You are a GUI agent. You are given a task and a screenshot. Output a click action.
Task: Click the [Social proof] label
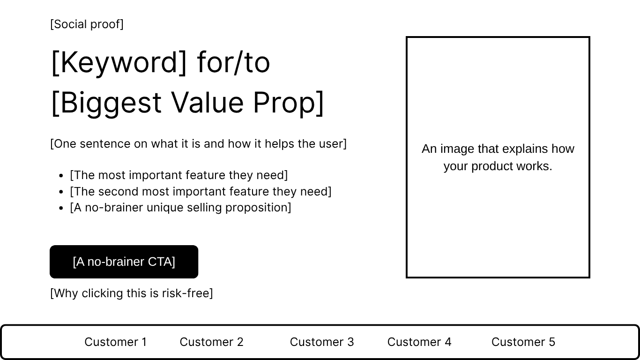pyautogui.click(x=87, y=24)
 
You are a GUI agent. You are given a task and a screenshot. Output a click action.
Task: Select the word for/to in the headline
pyautogui.click(x=233, y=62)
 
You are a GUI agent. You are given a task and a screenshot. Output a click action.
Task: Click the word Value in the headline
pyautogui.click(x=207, y=102)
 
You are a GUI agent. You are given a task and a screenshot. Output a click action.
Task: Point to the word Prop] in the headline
pyautogui.click(x=288, y=103)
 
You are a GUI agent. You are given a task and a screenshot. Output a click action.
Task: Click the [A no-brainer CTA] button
pyautogui.click(x=124, y=262)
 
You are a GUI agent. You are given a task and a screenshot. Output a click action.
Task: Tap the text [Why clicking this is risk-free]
pyautogui.click(x=132, y=293)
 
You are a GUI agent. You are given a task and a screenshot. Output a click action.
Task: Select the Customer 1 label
pyautogui.click(x=116, y=342)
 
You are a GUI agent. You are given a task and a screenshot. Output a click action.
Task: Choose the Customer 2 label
pyautogui.click(x=211, y=342)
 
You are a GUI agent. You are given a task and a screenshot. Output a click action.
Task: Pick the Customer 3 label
pyautogui.click(x=322, y=342)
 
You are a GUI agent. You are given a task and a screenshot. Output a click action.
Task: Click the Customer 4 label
pyautogui.click(x=419, y=342)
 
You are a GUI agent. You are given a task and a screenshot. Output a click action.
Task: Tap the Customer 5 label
pyautogui.click(x=523, y=342)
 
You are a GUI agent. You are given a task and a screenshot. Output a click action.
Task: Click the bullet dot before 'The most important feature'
pyautogui.click(x=61, y=176)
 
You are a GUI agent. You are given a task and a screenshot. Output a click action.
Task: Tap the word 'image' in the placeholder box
pyautogui.click(x=457, y=149)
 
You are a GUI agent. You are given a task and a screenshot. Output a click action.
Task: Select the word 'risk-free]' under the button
pyautogui.click(x=187, y=293)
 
